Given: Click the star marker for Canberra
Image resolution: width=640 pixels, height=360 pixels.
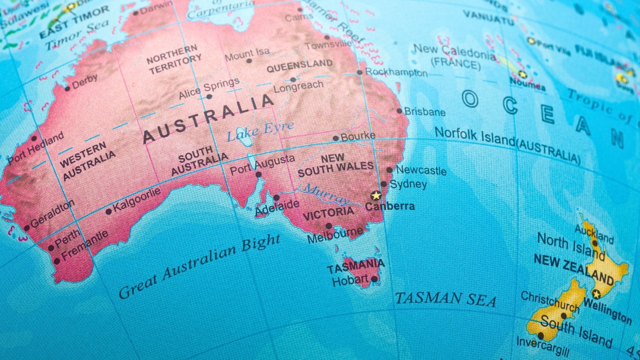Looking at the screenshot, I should click(x=376, y=195).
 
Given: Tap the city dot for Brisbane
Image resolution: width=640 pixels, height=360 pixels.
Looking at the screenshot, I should click(x=399, y=111).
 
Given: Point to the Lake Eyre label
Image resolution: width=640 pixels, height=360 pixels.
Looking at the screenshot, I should click(x=260, y=130).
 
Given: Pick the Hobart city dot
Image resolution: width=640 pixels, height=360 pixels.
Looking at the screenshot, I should click(x=374, y=279).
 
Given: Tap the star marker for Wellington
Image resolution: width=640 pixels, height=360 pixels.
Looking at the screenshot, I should click(x=596, y=294).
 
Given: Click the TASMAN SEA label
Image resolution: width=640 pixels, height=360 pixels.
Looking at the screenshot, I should click(x=445, y=298).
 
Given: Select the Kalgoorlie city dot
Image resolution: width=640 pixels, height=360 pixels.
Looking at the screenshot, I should click(x=109, y=211).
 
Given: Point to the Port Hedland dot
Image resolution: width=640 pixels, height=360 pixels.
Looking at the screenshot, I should click(x=34, y=138).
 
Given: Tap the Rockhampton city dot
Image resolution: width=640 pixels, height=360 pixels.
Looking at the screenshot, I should click(x=359, y=72).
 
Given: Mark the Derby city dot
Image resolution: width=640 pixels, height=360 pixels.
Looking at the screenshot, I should click(x=67, y=89).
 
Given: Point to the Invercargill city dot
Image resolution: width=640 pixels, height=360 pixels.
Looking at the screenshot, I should click(x=541, y=335).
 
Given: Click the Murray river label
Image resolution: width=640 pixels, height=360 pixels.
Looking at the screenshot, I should click(x=325, y=194).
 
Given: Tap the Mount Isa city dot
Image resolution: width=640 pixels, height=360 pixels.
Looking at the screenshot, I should click(x=249, y=61).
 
